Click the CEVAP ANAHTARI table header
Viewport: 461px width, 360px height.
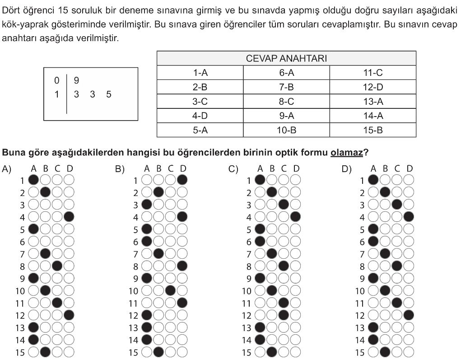[286, 59]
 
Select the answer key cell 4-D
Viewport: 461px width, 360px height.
[200, 116]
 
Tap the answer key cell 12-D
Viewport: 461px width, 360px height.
[373, 87]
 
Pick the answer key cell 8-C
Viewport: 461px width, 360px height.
[286, 101]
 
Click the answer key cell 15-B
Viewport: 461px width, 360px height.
[373, 130]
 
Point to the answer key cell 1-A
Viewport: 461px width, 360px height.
[200, 73]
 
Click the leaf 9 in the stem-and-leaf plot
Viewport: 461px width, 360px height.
[76, 80]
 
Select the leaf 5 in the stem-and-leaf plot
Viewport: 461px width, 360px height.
[109, 95]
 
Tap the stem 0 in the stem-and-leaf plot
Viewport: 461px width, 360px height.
[56, 80]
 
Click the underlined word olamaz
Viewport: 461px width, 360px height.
[347, 153]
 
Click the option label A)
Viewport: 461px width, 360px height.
[6, 169]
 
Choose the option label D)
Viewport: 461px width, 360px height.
[346, 169]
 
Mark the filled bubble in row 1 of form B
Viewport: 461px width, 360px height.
[182, 180]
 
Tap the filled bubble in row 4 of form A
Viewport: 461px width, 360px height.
[69, 216]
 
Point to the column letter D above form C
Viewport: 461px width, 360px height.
[296, 169]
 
